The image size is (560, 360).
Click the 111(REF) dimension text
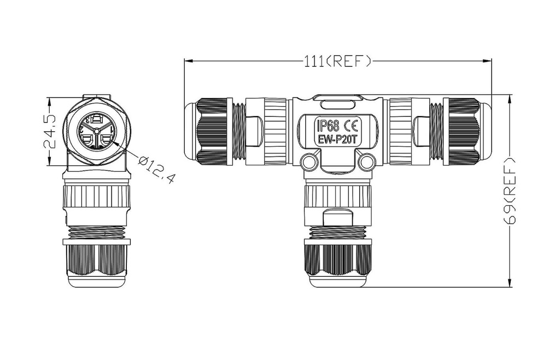pos(337,61)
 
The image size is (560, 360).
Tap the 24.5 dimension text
pos(50,131)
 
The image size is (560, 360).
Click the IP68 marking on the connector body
pos(328,125)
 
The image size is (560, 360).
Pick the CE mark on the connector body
pos(352,125)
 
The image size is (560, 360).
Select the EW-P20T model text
pos(337,140)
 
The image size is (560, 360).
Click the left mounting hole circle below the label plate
pos(309,162)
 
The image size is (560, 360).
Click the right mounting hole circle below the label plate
pos(367,162)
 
